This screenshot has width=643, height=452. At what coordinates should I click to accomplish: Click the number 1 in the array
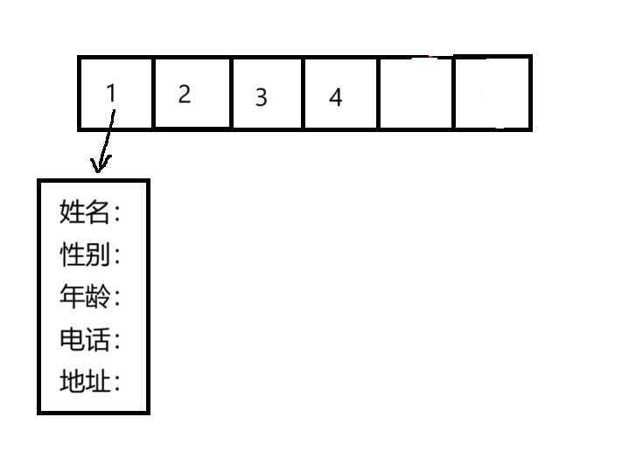(110, 93)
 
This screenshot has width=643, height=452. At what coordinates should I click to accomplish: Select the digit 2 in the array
(184, 94)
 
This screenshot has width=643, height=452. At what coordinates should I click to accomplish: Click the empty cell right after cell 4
(416, 93)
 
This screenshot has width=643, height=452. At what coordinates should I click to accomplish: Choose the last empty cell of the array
(493, 93)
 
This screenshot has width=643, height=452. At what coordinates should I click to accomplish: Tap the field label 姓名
(85, 212)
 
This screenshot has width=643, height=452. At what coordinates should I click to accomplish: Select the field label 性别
(85, 254)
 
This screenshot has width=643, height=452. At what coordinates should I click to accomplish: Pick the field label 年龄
(85, 297)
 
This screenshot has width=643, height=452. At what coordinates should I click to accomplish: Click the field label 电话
(85, 339)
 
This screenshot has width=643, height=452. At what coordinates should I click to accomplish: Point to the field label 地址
(85, 382)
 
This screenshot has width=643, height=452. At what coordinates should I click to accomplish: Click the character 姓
(73, 212)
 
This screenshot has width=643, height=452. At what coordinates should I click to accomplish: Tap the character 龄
(98, 297)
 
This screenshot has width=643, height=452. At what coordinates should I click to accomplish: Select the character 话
(98, 339)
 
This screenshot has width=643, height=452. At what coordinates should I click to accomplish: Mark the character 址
(98, 382)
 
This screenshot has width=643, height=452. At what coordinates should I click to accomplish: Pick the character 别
(98, 254)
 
